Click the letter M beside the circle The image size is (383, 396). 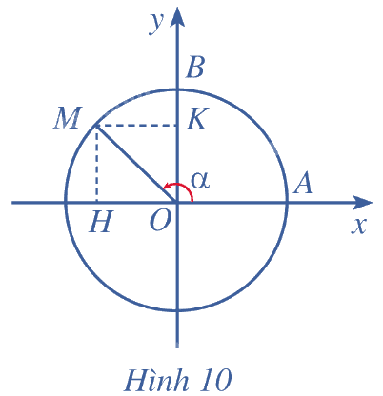click(67, 118)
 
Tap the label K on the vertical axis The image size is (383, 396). click(197, 118)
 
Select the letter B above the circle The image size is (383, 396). click(194, 68)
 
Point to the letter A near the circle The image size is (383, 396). click(303, 184)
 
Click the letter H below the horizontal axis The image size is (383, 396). click(101, 222)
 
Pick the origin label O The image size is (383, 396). click(160, 221)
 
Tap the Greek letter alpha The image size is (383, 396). click(200, 181)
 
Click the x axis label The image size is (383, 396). click(359, 226)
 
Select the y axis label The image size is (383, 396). click(156, 23)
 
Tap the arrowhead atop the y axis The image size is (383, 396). click(177, 16)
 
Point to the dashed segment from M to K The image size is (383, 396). click(136, 126)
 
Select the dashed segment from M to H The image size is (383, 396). click(96, 164)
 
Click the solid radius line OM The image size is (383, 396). click(136, 164)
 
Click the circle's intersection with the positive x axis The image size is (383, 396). click(288, 203)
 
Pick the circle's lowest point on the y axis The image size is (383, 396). click(177, 310)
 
